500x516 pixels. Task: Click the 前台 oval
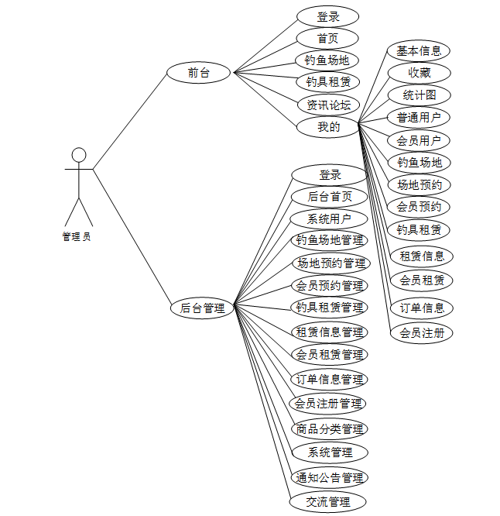pos(199,74)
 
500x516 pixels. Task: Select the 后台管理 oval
pos(203,308)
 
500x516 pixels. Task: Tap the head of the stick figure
pos(78,154)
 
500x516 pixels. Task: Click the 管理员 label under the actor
pos(77,237)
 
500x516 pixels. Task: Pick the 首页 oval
pos(327,38)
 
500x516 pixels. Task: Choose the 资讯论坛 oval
pos(329,105)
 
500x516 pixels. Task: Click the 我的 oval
pos(329,127)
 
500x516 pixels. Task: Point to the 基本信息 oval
pos(419,51)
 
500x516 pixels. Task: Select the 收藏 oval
pos(419,73)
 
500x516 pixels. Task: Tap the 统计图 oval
pos(419,95)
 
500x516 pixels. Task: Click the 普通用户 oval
pos(419,118)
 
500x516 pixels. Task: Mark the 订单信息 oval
pos(421,308)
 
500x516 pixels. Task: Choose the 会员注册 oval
pos(421,333)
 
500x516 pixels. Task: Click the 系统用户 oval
pos(329,218)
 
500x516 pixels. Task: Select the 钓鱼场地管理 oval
pos(330,240)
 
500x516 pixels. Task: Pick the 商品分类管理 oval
pos(330,428)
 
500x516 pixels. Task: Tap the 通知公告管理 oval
pos(330,477)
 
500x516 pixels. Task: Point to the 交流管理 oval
pos(329,502)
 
